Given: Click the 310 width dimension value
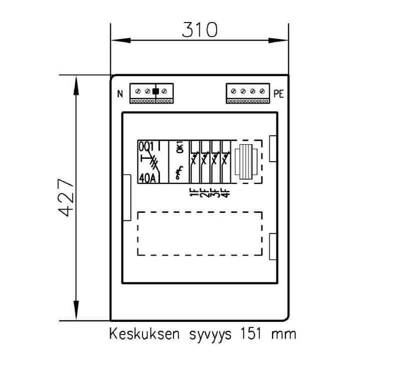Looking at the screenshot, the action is (199, 30).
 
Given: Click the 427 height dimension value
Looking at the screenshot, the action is (66, 197).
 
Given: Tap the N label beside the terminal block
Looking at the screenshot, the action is (120, 94).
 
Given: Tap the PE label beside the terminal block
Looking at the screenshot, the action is (278, 94).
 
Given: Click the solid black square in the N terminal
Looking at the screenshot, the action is (155, 91).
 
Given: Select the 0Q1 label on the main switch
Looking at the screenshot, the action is (146, 147).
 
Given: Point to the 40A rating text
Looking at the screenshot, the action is (147, 178).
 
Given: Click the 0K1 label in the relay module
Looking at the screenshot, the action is (180, 148).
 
